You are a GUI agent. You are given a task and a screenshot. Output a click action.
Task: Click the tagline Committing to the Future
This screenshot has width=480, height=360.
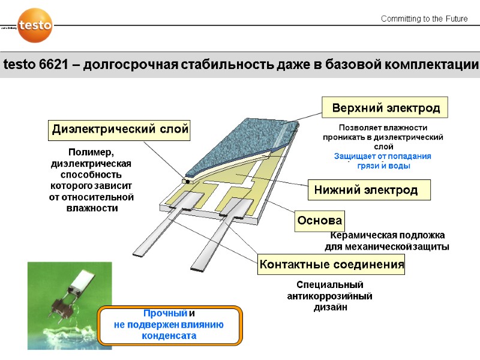pyautogui.click(x=424, y=19)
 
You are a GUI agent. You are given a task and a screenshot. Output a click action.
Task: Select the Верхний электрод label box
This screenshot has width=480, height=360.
pyautogui.click(x=386, y=109)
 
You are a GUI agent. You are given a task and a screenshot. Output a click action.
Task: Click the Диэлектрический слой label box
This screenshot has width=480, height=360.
pyautogui.click(x=119, y=129)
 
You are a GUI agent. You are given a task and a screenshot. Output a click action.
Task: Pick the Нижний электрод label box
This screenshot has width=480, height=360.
pyautogui.click(x=366, y=190)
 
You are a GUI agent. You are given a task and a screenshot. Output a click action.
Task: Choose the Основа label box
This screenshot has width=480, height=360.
pyautogui.click(x=319, y=220)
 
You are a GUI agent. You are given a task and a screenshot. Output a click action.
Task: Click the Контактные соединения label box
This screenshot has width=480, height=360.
pyautogui.click(x=331, y=264)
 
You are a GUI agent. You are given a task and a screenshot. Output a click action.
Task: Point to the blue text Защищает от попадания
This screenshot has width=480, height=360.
pyautogui.click(x=382, y=156)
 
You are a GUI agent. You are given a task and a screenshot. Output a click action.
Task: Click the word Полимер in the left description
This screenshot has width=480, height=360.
pyautogui.click(x=91, y=152)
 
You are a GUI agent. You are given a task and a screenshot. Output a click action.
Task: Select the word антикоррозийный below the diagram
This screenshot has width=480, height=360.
pyautogui.click(x=330, y=296)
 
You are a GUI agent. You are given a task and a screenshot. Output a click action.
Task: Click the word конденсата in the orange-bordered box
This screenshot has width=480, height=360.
pyautogui.click(x=169, y=336)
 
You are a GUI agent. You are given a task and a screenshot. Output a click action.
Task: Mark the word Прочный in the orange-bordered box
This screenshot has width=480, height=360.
pyautogui.click(x=165, y=314)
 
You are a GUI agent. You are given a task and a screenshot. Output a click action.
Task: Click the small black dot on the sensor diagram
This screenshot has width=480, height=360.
pyautogui.click(x=187, y=180)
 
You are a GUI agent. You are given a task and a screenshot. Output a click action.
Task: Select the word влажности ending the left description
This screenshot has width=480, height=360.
pyautogui.click(x=91, y=208)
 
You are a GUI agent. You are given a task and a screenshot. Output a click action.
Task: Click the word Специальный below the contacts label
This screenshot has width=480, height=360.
pyautogui.click(x=330, y=285)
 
